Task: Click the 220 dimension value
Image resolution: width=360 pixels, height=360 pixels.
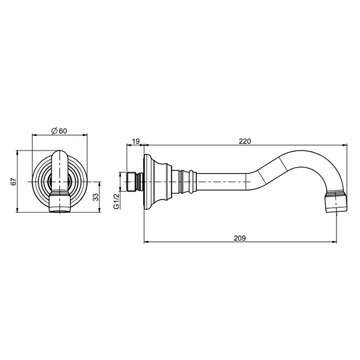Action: click(245, 141)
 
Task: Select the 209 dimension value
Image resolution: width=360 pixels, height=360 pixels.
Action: click(240, 238)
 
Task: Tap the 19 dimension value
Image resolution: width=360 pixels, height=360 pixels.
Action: click(136, 141)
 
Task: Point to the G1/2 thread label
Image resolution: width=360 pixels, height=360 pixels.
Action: click(117, 201)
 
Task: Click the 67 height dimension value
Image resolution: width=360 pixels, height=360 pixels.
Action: click(14, 182)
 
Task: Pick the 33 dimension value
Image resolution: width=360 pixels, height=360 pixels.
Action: click(96, 197)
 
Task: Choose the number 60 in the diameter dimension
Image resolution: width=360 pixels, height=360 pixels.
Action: click(63, 131)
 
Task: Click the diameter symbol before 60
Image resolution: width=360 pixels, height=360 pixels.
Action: click(54, 131)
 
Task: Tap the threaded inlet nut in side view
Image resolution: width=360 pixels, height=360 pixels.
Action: click(131, 182)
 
